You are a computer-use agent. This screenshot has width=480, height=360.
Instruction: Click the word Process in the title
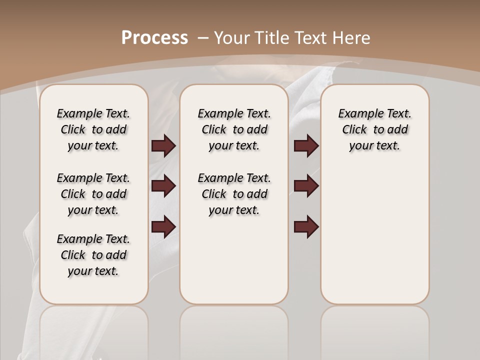(154, 37)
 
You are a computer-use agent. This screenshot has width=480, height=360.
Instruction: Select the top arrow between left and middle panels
(163, 146)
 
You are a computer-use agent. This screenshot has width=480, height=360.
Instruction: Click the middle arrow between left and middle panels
(163, 186)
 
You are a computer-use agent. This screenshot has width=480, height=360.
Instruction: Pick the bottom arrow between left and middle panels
(163, 226)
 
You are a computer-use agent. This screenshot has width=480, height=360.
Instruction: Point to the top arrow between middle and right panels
(306, 146)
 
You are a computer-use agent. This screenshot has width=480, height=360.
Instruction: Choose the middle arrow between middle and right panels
(306, 186)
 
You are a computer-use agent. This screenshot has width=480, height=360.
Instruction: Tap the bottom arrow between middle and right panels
(306, 226)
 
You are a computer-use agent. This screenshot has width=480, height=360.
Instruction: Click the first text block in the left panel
(93, 129)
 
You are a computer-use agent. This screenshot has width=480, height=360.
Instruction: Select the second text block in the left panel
(93, 194)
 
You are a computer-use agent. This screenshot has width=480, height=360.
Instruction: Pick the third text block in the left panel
(93, 255)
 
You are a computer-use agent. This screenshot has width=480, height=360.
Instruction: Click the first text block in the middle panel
(234, 129)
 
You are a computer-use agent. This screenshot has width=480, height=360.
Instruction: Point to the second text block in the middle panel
(234, 194)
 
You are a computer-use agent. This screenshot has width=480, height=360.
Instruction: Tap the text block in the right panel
(374, 129)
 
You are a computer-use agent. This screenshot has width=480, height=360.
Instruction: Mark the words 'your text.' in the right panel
(374, 146)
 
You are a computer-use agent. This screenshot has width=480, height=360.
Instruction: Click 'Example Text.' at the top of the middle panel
(234, 113)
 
